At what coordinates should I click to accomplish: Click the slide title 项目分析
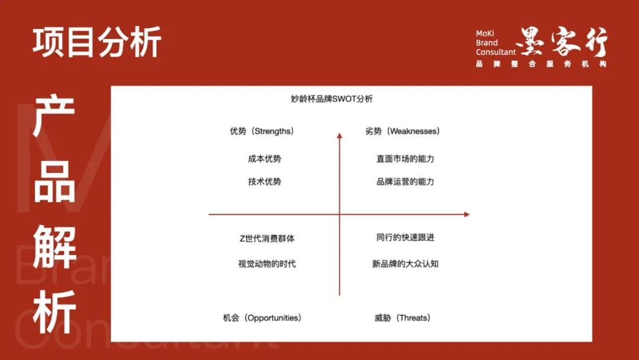pyautogui.click(x=97, y=42)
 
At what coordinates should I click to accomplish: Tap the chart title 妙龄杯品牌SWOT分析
pyautogui.click(x=332, y=99)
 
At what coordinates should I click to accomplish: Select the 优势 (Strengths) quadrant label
pyautogui.click(x=262, y=131)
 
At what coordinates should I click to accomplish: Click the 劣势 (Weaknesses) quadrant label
pyautogui.click(x=403, y=131)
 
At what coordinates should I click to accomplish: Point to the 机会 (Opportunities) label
pyautogui.click(x=262, y=318)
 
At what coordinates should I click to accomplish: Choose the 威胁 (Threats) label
pyautogui.click(x=403, y=318)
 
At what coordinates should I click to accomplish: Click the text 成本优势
pyautogui.click(x=264, y=159)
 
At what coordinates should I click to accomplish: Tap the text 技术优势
pyautogui.click(x=264, y=182)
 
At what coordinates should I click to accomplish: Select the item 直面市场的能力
pyautogui.click(x=405, y=159)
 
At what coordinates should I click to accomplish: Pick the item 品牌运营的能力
pyautogui.click(x=405, y=182)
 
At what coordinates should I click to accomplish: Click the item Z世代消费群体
pyautogui.click(x=267, y=239)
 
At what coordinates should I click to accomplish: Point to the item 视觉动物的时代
pyautogui.click(x=267, y=264)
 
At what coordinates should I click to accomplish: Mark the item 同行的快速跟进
pyautogui.click(x=405, y=237)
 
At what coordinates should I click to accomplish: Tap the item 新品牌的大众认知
pyautogui.click(x=405, y=264)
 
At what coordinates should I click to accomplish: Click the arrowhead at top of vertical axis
pyautogui.click(x=340, y=136)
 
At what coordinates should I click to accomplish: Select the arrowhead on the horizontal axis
pyautogui.click(x=467, y=214)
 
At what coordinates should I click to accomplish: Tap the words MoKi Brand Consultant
pyautogui.click(x=496, y=43)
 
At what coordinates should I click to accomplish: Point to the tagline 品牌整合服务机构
pyautogui.click(x=541, y=64)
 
